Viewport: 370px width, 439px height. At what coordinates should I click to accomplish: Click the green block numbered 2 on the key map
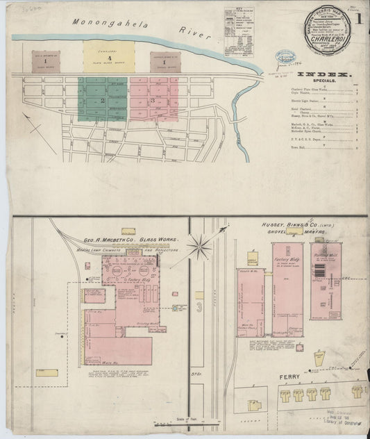[102, 99]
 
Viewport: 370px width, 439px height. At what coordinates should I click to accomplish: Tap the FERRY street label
[288, 377]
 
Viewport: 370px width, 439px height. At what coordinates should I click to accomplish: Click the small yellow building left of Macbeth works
[47, 372]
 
